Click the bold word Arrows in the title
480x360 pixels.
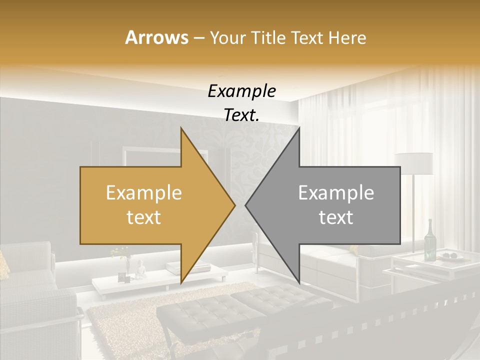pos(156,38)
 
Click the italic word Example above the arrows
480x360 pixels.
pos(241,91)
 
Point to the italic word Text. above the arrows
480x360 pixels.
pos(241,115)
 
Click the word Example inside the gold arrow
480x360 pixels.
pos(143,193)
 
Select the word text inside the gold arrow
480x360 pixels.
pos(143,217)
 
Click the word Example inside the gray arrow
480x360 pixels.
pos(336,193)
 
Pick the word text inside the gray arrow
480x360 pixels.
pos(336,217)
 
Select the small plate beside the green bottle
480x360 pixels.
pos(456,257)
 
